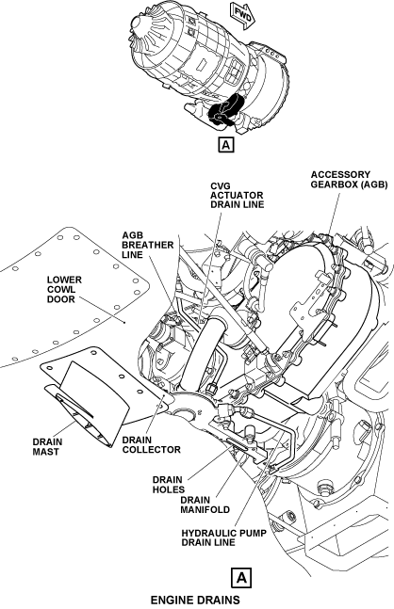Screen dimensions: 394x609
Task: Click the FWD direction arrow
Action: pos(242,15)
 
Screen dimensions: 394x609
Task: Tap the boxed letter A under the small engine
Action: pos(226,144)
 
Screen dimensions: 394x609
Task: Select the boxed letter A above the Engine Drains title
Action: pos(241,578)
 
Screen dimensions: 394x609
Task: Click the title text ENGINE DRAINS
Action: pos(195,600)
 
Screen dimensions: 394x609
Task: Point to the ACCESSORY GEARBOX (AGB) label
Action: pos(349,180)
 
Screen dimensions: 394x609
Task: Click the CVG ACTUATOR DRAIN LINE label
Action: pos(237,195)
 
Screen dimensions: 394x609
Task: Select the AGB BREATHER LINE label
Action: pos(147,245)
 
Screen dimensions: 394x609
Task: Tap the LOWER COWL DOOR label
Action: pos(64,289)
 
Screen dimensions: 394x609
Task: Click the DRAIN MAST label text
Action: pos(47,447)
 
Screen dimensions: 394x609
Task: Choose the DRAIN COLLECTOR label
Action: pos(152,444)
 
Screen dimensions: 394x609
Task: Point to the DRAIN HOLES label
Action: pos(168,485)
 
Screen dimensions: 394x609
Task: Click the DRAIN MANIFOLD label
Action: pos(205,505)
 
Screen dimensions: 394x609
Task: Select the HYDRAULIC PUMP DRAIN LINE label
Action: pos(223,537)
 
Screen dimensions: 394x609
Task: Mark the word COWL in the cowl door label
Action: pos(61,289)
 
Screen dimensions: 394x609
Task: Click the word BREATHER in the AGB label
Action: pos(147,245)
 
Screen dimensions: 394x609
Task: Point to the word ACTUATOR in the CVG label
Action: pos(237,195)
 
